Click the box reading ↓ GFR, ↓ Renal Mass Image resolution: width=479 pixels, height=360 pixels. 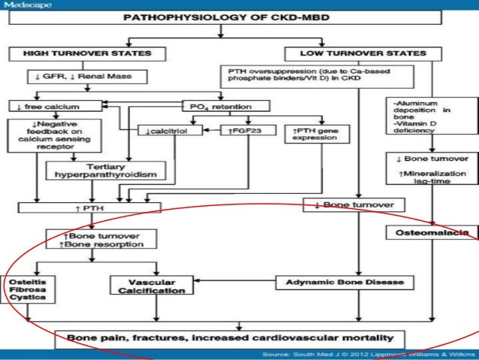pyautogui.click(x=76, y=77)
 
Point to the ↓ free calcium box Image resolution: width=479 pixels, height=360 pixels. pyautogui.click(x=39, y=107)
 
